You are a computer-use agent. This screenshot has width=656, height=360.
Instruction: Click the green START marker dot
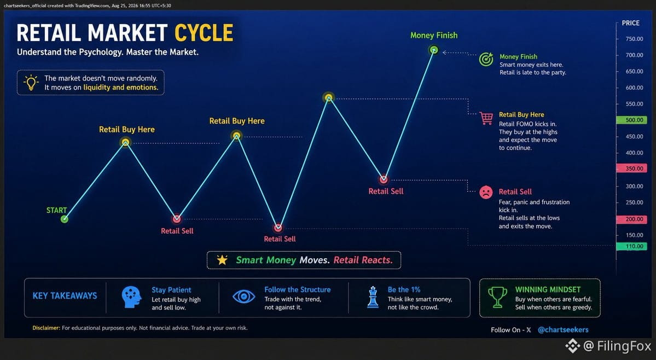(65, 219)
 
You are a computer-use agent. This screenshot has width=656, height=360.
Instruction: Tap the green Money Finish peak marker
(434, 50)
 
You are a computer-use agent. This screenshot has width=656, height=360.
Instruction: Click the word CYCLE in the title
(204, 33)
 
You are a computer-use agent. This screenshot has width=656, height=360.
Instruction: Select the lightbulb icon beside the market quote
(31, 83)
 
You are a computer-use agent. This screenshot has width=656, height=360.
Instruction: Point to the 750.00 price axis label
(634, 39)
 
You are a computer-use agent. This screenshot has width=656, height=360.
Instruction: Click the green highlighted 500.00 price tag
(632, 120)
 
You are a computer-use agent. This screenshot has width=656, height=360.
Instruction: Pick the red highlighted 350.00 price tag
(632, 169)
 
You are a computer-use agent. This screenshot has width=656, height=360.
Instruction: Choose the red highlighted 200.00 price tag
(632, 219)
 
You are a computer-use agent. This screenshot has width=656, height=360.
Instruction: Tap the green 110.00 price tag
(632, 246)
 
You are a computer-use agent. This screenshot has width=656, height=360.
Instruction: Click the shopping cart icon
(486, 118)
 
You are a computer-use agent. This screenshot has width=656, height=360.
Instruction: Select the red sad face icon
(486, 193)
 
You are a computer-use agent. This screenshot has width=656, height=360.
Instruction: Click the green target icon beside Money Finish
(486, 60)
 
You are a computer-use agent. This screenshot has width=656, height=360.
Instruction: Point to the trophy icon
(497, 297)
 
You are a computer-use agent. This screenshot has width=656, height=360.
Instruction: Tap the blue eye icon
(244, 297)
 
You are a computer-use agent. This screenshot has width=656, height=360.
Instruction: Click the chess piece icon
(373, 297)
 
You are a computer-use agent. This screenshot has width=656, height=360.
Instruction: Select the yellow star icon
(222, 260)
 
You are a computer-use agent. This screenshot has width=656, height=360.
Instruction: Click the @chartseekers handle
(563, 330)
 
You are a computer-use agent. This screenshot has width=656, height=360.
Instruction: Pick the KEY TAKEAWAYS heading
(65, 295)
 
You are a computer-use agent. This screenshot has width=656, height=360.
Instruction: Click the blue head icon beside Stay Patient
(131, 297)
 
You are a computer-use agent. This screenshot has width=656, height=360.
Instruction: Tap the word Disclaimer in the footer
(46, 328)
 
